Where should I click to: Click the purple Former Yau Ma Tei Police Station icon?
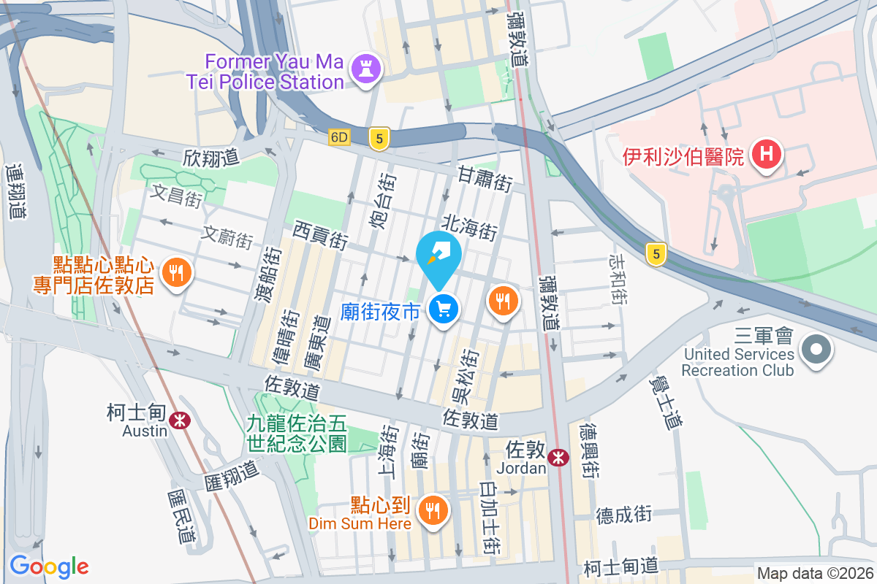tap(362, 70)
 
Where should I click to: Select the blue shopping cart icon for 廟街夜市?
tap(443, 310)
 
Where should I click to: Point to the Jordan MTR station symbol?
tap(558, 457)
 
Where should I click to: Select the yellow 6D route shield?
tap(340, 138)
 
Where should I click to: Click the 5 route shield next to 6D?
tap(378, 139)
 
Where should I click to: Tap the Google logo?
tap(49, 566)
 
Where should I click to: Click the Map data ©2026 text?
tap(814, 574)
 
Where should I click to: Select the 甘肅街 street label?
tap(485, 179)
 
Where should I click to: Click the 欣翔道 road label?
tap(212, 156)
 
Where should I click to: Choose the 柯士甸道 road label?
tap(621, 566)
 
